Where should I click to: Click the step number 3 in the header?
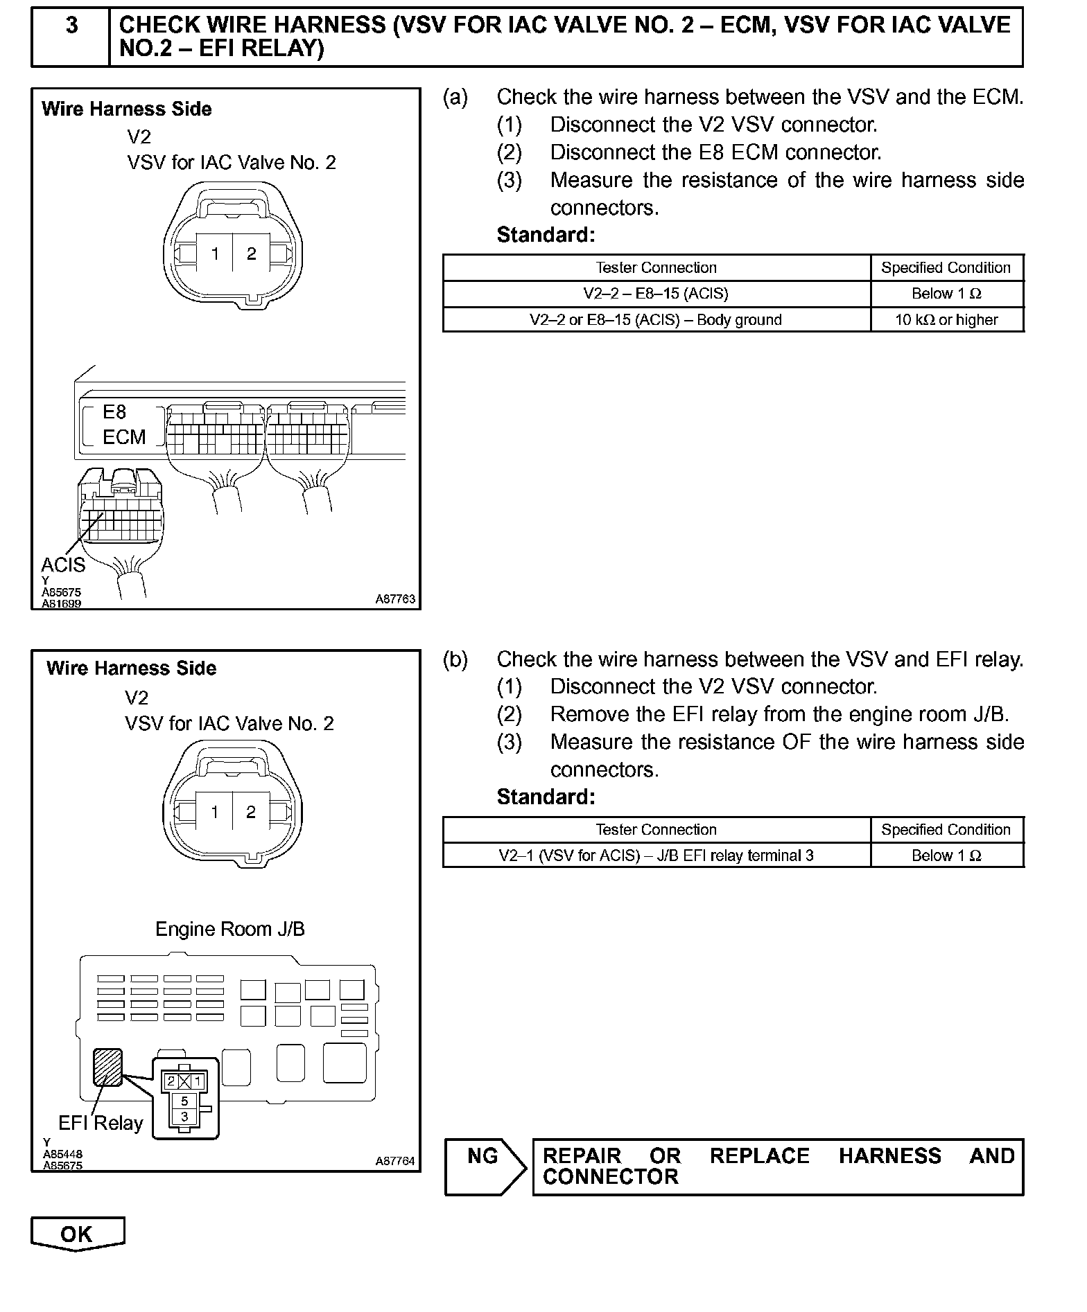click(71, 26)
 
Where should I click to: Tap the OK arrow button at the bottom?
click(77, 1234)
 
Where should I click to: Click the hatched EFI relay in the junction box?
click(108, 1067)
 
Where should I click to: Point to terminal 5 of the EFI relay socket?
click(184, 1101)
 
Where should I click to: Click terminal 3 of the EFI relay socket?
click(184, 1116)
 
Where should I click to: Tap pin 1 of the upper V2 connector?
click(215, 254)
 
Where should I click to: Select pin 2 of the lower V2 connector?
click(251, 812)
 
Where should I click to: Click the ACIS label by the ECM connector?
click(63, 565)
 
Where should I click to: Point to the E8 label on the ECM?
click(114, 412)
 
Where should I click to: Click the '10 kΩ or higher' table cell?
click(946, 320)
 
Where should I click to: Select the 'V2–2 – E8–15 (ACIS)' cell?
click(656, 294)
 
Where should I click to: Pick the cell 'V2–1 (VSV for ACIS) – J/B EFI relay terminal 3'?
click(656, 856)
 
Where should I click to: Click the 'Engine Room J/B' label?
click(229, 929)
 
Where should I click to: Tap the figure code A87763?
click(395, 599)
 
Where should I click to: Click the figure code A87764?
click(395, 1161)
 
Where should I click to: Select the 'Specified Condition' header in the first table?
click(946, 268)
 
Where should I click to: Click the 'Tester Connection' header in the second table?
click(656, 830)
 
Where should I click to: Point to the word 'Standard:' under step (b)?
click(546, 797)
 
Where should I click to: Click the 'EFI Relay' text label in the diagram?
click(101, 1123)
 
